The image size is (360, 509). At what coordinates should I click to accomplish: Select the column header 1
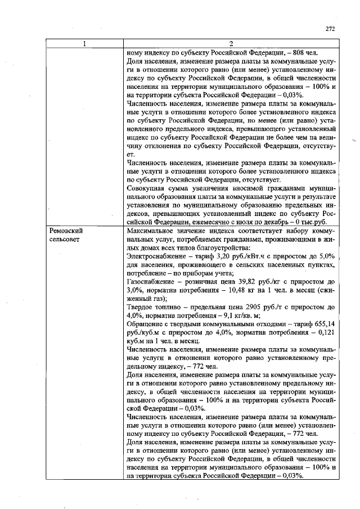pyautogui.click(x=84, y=44)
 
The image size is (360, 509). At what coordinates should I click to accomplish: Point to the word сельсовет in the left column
pyautogui.click(x=65, y=240)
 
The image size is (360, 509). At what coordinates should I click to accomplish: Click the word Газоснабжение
pyautogui.click(x=151, y=281)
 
